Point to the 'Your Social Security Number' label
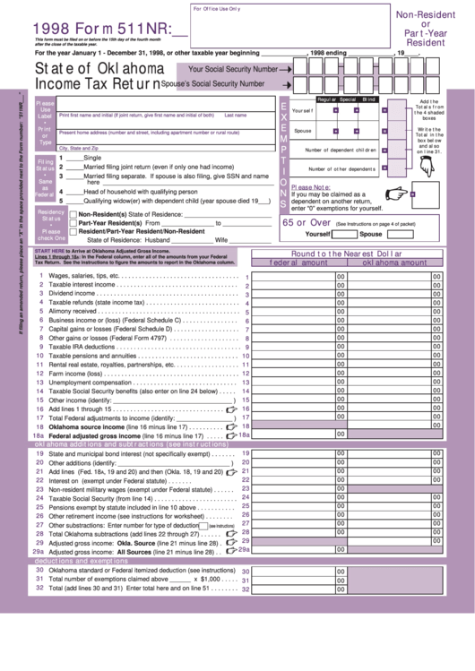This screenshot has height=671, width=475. pos(229,68)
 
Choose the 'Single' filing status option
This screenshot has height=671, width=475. pos(92,157)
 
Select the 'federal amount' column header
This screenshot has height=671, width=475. pos(299,263)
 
